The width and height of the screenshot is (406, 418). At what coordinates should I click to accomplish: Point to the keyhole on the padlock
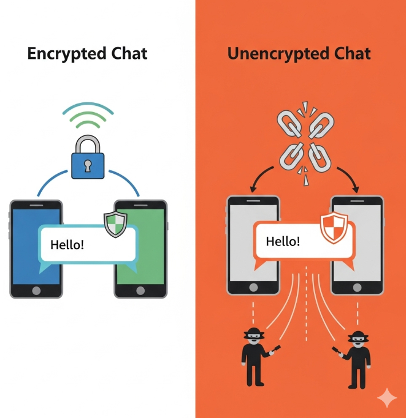click(x=88, y=165)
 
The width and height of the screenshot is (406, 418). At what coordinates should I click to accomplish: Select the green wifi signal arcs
click(x=88, y=117)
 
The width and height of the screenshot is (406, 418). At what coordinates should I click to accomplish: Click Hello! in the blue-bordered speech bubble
click(x=67, y=245)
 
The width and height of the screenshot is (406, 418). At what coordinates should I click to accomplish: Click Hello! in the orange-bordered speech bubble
click(x=282, y=240)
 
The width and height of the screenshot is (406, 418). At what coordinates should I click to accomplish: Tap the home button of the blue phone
click(x=36, y=290)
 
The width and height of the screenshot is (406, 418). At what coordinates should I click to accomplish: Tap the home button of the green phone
click(x=141, y=290)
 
